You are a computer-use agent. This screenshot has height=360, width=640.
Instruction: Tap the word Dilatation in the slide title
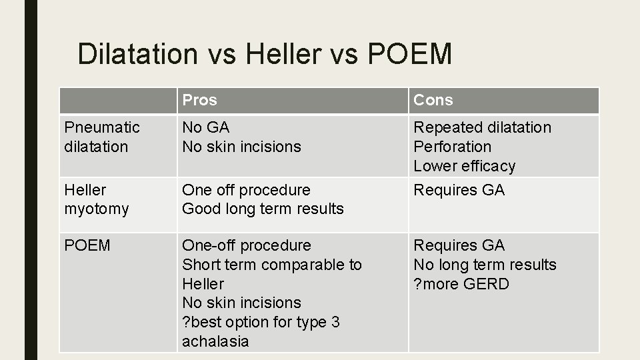click(137, 54)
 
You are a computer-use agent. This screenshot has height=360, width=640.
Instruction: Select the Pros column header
click(200, 100)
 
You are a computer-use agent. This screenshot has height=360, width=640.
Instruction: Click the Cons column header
click(433, 100)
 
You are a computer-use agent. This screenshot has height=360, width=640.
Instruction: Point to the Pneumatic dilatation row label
click(102, 137)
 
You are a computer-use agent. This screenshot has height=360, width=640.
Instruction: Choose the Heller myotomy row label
click(97, 199)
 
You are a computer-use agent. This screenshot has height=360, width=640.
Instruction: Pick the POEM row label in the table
click(87, 245)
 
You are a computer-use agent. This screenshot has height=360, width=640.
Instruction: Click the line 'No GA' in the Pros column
click(206, 127)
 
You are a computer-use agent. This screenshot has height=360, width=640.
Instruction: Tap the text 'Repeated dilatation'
click(483, 127)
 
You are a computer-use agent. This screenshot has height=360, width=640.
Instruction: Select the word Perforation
click(453, 147)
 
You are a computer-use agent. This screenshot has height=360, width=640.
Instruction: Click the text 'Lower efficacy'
click(465, 166)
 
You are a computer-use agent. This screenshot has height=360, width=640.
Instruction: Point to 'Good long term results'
click(263, 209)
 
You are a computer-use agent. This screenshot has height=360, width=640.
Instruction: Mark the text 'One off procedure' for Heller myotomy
click(246, 190)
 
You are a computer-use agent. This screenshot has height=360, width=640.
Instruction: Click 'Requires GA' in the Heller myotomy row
click(459, 190)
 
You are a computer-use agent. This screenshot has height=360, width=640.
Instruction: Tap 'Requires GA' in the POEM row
click(459, 245)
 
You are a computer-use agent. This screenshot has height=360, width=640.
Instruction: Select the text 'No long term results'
click(485, 265)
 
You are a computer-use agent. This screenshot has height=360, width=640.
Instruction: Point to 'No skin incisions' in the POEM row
click(241, 303)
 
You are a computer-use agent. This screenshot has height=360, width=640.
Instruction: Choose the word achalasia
click(215, 341)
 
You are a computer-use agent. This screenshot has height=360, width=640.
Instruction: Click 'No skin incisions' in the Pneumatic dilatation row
click(241, 147)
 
